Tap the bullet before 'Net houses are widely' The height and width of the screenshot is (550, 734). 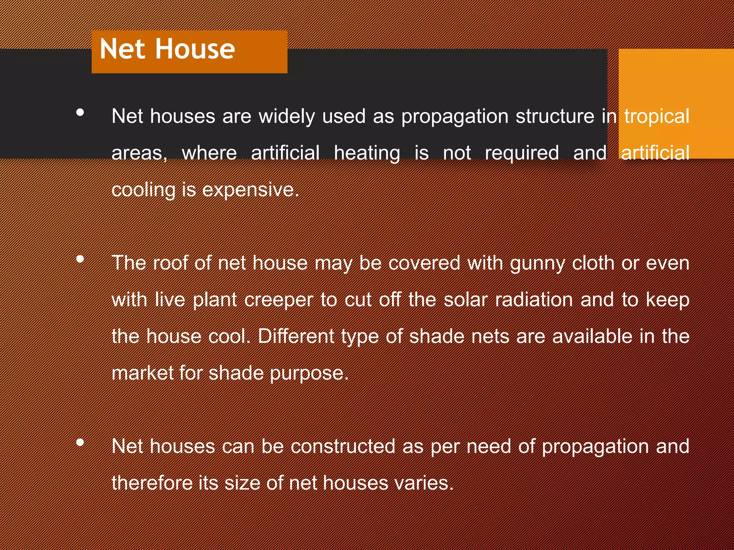pyautogui.click(x=80, y=112)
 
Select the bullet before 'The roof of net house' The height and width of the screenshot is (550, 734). pyautogui.click(x=80, y=259)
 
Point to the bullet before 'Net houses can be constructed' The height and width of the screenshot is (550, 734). pyautogui.click(x=80, y=443)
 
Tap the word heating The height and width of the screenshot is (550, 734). pyautogui.click(x=367, y=153)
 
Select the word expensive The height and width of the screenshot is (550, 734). pyautogui.click(x=250, y=190)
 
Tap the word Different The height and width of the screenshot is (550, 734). pyautogui.click(x=296, y=337)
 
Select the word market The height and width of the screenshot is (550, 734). pyautogui.click(x=143, y=373)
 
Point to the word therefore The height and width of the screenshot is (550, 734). pyautogui.click(x=151, y=483)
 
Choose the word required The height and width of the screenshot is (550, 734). pyautogui.click(x=522, y=153)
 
